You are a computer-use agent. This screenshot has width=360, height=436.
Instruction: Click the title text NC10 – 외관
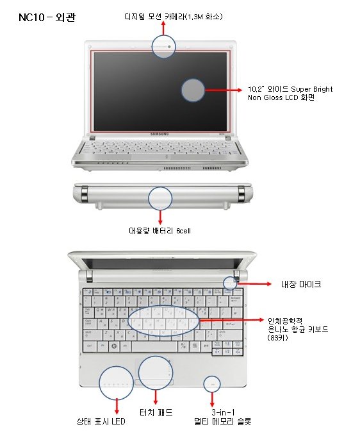(x=47, y=17)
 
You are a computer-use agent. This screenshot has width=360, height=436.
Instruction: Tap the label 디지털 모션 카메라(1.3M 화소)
(x=174, y=17)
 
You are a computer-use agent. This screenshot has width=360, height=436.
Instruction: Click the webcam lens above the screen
(x=169, y=47)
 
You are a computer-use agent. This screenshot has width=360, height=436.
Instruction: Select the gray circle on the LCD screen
(x=193, y=90)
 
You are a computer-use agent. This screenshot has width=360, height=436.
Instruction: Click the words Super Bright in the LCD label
(x=312, y=89)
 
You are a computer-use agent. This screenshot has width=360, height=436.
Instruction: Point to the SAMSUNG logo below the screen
(x=160, y=134)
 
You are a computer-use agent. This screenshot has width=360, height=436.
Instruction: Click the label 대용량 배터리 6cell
(x=160, y=231)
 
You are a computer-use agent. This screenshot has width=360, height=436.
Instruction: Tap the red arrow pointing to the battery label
(x=160, y=217)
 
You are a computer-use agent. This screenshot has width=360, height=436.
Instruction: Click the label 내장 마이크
(x=301, y=284)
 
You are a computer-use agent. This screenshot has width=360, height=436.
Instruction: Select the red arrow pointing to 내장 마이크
(x=254, y=284)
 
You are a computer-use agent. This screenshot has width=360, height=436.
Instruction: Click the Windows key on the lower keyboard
(x=114, y=346)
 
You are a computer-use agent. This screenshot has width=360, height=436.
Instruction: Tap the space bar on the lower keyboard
(x=154, y=347)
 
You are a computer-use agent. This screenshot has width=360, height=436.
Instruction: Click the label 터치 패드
(x=156, y=412)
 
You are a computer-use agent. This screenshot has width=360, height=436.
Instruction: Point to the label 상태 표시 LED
(x=101, y=421)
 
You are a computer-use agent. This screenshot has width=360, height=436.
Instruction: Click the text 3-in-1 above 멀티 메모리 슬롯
(x=223, y=412)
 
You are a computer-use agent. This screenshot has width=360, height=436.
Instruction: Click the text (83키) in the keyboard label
(x=278, y=338)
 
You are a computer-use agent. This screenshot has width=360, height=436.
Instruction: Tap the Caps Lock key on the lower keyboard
(x=88, y=323)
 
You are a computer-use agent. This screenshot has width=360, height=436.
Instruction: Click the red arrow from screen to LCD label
(x=224, y=90)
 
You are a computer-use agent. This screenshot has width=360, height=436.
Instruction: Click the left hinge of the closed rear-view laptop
(x=84, y=194)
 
